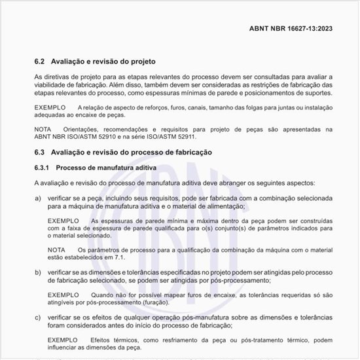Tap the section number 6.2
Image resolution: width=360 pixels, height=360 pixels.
pos(39,62)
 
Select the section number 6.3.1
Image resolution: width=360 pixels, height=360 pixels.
pos(42,169)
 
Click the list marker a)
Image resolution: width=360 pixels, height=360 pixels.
pos(38,198)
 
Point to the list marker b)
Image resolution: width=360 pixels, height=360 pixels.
pos(38,272)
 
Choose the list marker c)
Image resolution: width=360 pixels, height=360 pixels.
pos(38,317)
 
